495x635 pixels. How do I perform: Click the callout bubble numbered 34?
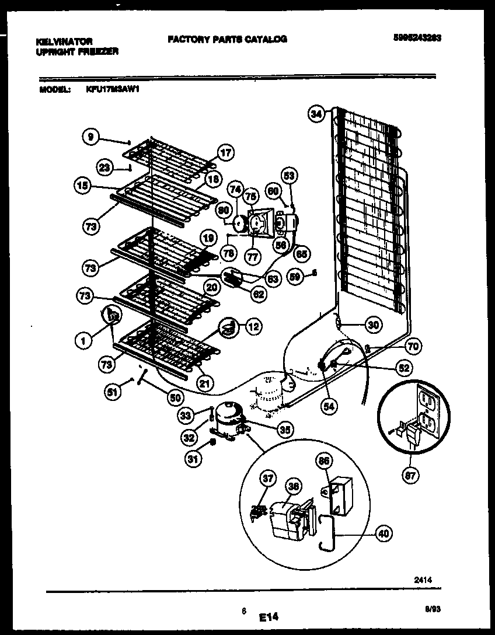(316, 115)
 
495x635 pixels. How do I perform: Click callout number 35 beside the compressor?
(284, 430)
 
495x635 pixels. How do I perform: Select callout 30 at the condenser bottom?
(372, 325)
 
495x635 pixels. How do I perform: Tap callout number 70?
(413, 347)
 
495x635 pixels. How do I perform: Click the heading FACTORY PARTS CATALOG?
(227, 39)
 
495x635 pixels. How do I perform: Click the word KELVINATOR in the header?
(64, 42)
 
